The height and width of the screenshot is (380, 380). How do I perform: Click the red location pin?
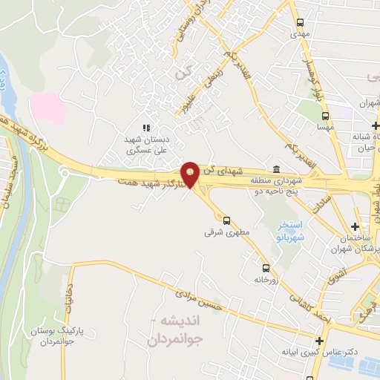pos(191,174)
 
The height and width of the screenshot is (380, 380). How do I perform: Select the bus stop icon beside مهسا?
pos(325,116)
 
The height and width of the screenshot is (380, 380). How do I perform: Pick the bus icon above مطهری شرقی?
pos(227,220)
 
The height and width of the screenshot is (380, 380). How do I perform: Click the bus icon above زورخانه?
pos(266,268)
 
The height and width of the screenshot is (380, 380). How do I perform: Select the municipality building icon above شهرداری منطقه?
pos(276,168)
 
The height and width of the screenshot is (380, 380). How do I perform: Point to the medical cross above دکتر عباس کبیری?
pos(319,341)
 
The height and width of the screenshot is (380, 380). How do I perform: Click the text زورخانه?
pos(265,280)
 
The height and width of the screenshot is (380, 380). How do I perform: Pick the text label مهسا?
pos(325,128)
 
